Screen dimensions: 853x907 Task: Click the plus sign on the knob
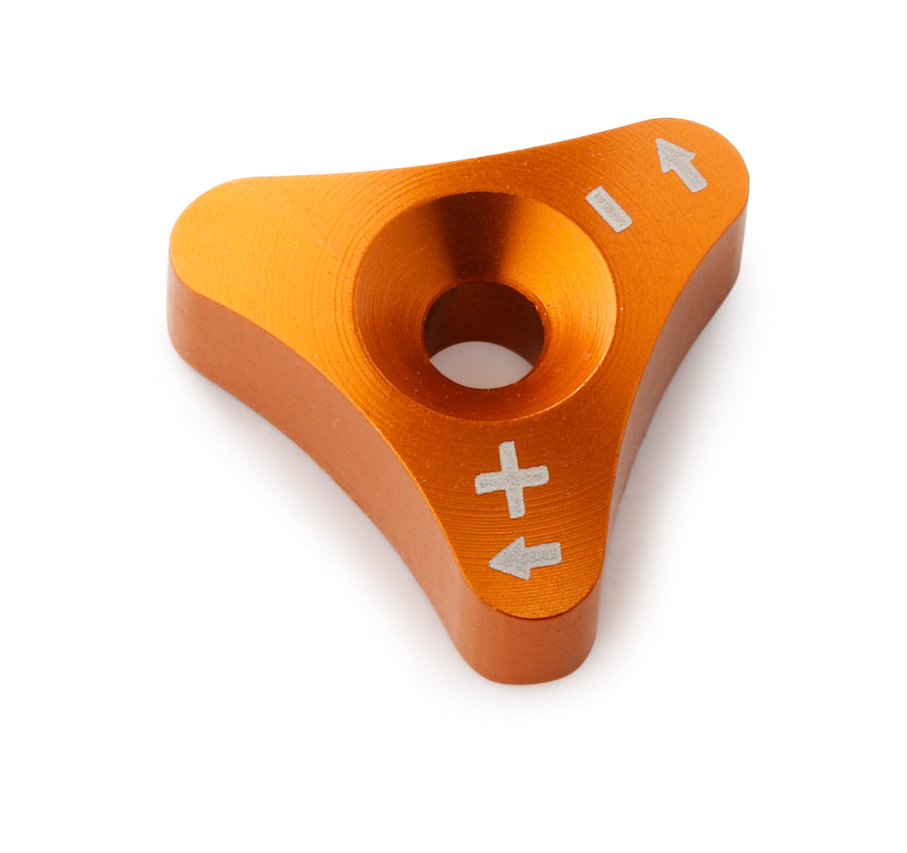[x=512, y=479]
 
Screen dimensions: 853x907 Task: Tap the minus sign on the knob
[x=608, y=208]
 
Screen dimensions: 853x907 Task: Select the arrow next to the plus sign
[x=525, y=559]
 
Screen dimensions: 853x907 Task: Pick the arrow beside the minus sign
[x=681, y=163]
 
